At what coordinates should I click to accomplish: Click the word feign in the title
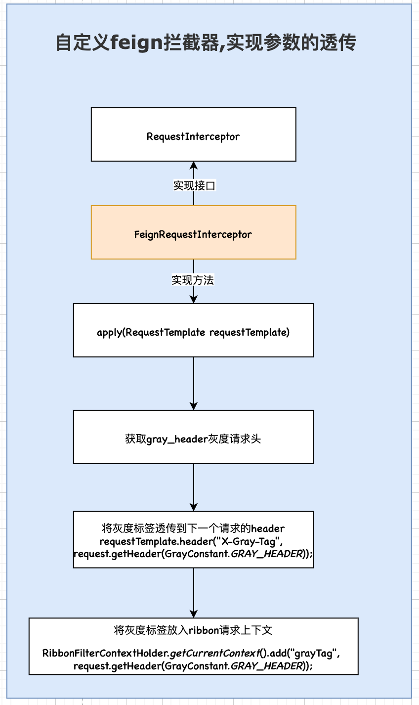136,43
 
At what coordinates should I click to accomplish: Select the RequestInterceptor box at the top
193,134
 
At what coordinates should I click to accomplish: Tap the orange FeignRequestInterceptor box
193,232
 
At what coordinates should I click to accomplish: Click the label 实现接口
194,186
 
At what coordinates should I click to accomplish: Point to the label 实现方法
193,280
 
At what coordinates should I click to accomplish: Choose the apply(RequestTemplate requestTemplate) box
193,330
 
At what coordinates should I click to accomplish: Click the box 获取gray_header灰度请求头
193,437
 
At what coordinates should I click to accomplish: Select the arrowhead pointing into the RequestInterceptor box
194,166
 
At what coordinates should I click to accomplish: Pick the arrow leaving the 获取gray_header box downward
194,487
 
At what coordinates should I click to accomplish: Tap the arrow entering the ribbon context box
194,593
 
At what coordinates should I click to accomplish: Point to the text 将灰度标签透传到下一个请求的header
193,529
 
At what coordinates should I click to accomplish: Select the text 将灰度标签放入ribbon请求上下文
193,630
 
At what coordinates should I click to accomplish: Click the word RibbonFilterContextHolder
105,654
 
